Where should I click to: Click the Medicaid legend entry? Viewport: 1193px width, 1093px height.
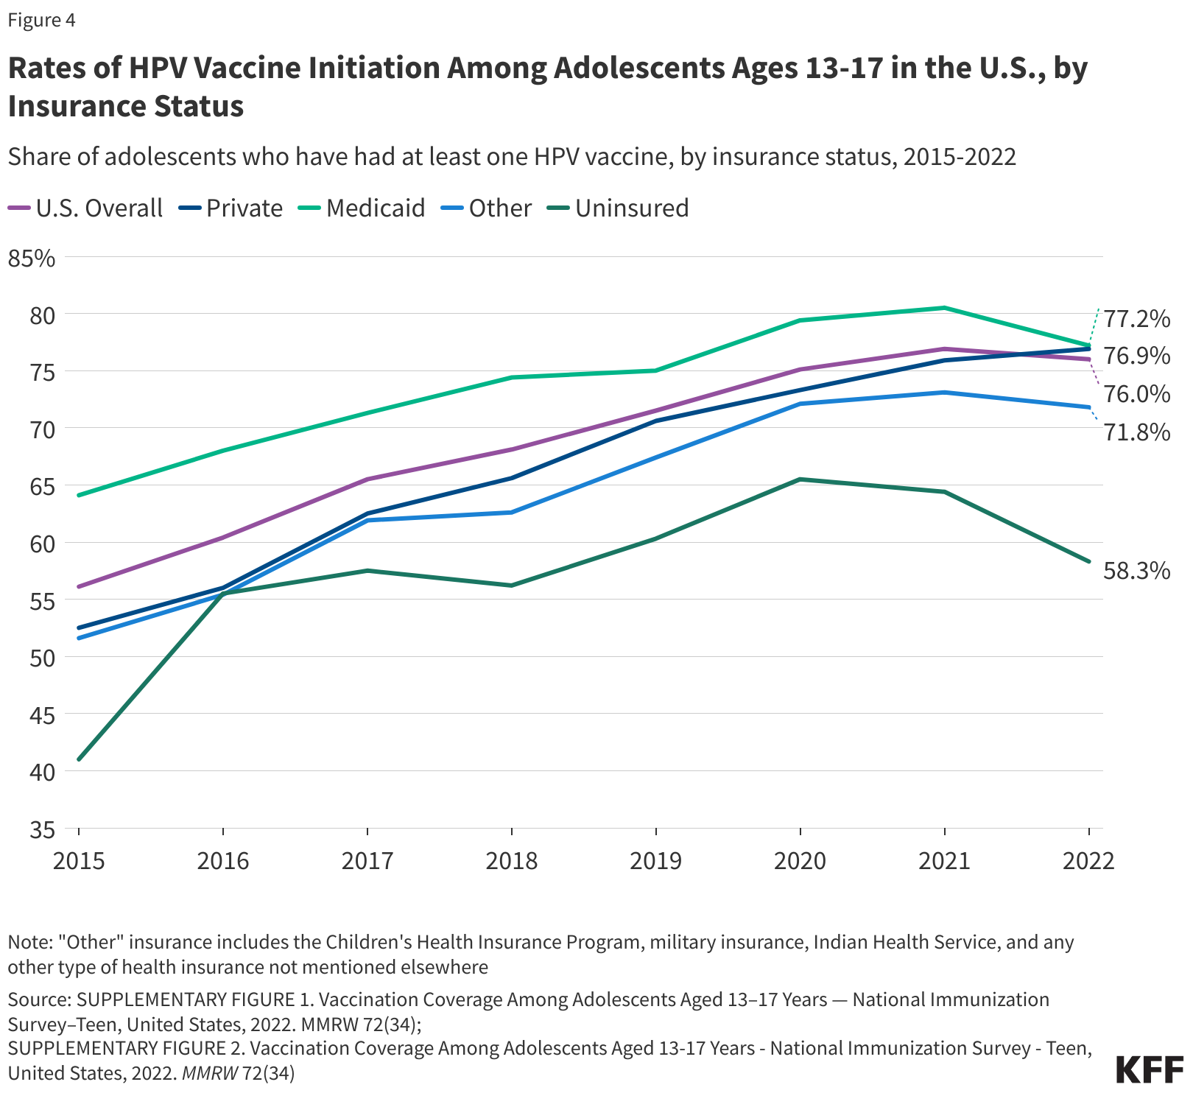point(375,208)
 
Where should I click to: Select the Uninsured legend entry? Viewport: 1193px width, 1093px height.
point(631,208)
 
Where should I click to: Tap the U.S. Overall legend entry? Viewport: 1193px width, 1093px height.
point(99,208)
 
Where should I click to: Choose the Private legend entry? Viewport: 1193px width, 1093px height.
point(244,208)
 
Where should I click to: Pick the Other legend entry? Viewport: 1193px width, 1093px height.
point(499,208)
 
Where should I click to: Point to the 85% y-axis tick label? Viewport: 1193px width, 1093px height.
point(31,259)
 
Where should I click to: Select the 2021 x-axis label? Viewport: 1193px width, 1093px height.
point(944,860)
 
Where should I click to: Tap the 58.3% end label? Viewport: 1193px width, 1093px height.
point(1136,570)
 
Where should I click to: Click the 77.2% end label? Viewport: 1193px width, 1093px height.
point(1137,319)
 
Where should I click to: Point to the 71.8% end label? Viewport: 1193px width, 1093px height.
point(1137,432)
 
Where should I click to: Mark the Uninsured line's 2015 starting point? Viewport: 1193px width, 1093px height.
point(79,759)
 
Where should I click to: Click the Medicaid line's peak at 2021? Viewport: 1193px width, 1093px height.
point(944,308)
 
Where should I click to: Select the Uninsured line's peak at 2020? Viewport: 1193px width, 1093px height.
point(800,479)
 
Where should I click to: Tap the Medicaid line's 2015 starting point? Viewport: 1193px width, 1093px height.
point(79,495)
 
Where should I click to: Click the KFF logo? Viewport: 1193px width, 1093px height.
point(1150,1069)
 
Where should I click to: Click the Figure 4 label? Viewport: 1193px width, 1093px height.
point(41,20)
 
